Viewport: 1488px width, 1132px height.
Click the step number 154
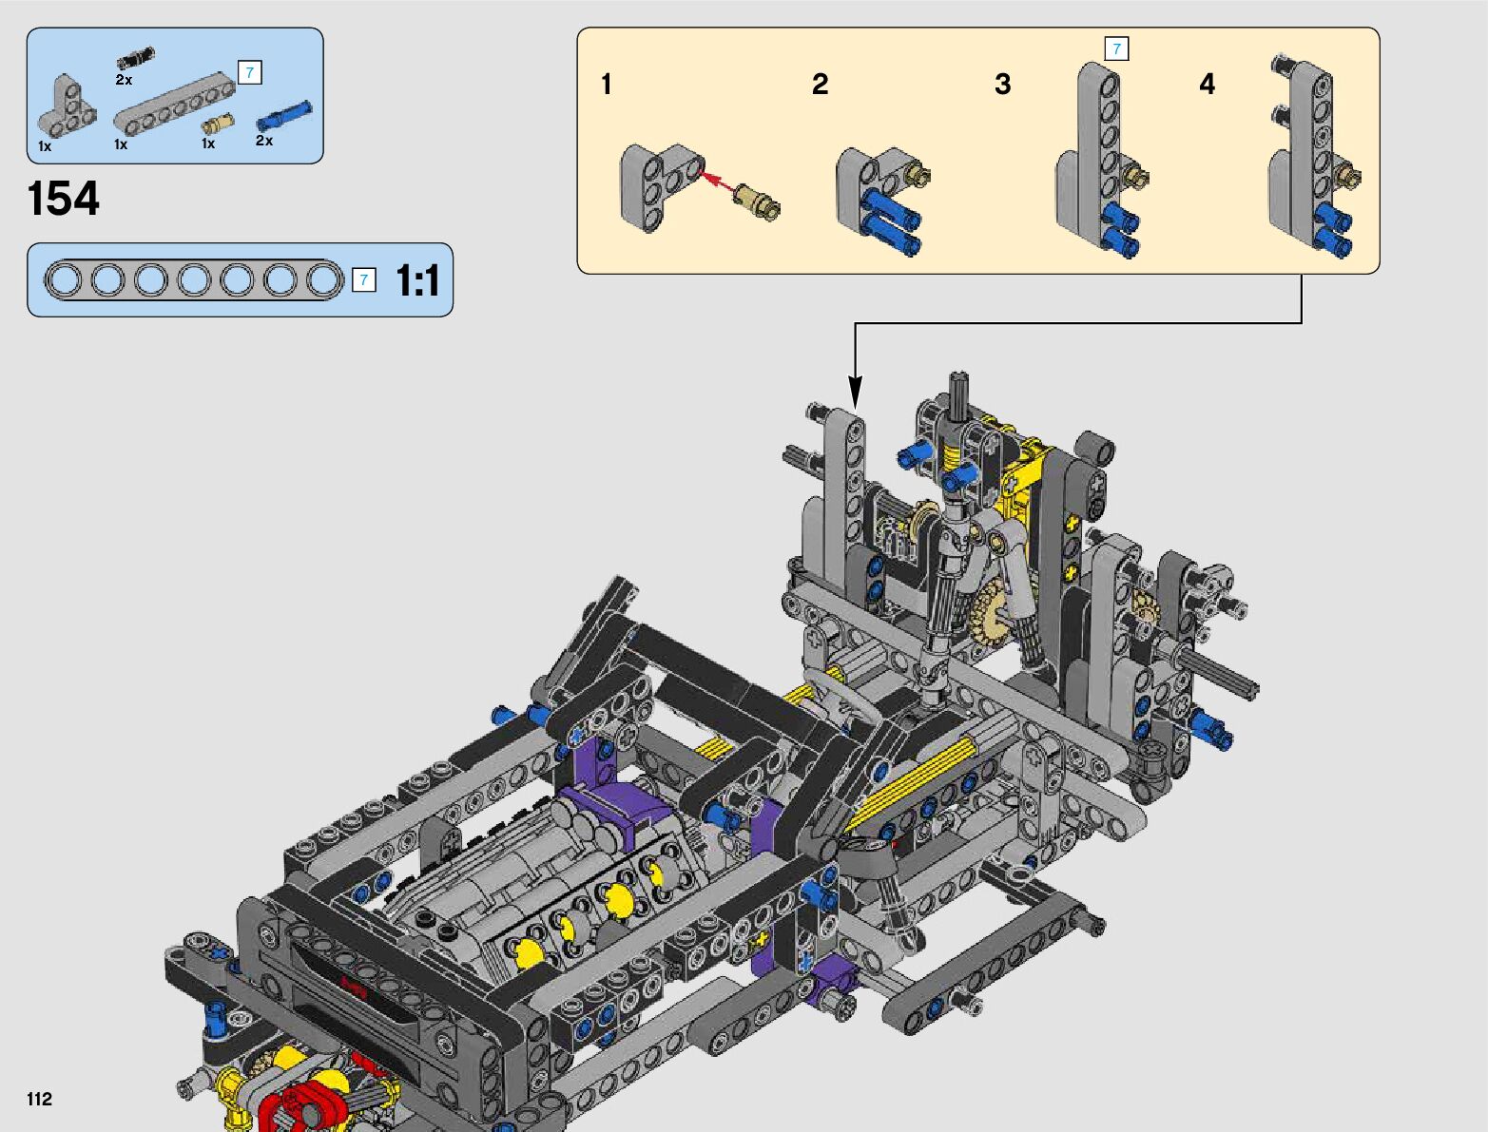click(x=63, y=199)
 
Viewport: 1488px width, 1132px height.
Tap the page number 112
click(x=39, y=1099)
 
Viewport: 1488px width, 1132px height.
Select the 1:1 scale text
click(x=416, y=280)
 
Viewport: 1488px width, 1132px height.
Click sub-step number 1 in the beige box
click(x=607, y=85)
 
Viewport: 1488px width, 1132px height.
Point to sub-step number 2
click(x=821, y=85)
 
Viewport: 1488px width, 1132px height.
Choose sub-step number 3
click(x=1003, y=85)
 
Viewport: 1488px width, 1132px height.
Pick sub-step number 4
click(x=1208, y=85)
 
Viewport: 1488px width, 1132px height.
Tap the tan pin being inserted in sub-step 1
click(x=757, y=201)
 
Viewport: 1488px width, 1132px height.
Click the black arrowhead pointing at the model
click(x=856, y=392)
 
